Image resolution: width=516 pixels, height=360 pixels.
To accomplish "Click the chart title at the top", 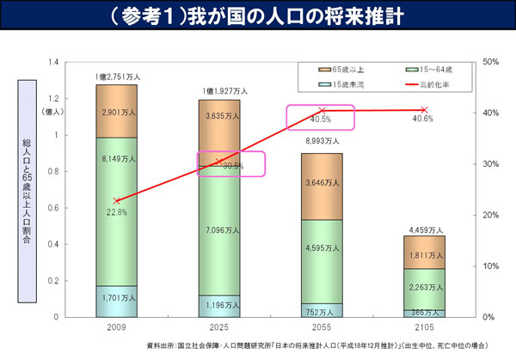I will [258, 17].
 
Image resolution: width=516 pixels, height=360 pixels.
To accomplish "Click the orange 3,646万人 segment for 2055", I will [322, 182].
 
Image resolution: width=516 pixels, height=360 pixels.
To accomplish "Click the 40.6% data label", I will [423, 119].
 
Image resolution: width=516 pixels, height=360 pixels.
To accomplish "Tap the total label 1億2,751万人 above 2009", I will [116, 77].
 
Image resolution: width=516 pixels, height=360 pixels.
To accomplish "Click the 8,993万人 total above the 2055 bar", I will [322, 142].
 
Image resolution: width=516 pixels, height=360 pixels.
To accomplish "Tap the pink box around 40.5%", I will [322, 118].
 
